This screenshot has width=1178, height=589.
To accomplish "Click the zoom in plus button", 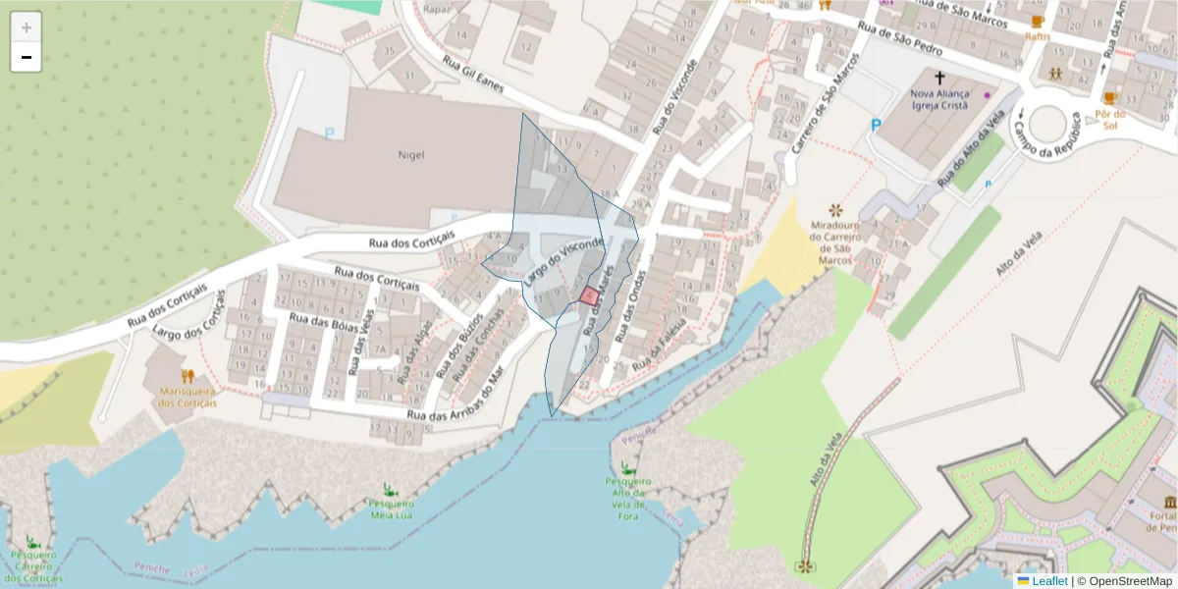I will (27, 27).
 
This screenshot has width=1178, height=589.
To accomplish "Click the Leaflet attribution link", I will (1049, 581).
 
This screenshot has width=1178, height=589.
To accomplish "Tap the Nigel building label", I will (410, 154).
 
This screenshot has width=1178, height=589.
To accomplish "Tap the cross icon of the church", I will (938, 77).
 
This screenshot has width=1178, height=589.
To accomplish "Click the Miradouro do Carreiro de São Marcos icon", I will (835, 210).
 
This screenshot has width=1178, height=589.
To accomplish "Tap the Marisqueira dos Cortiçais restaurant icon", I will (187, 375).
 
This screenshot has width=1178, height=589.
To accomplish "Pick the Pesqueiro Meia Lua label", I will (391, 509).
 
